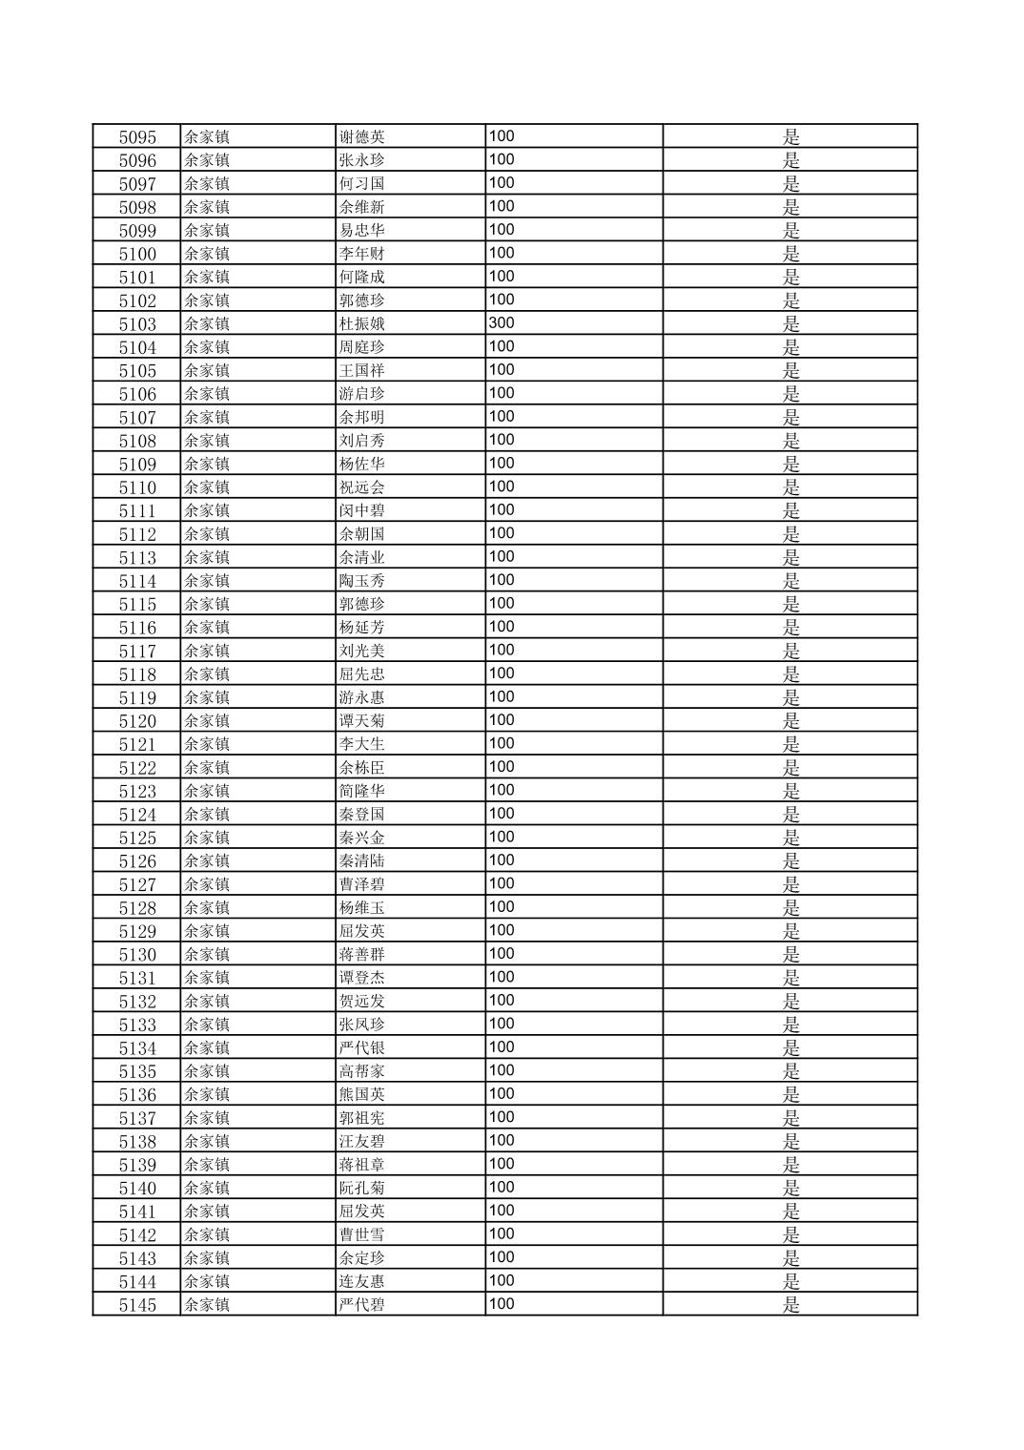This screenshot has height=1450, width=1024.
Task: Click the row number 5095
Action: click(x=137, y=136)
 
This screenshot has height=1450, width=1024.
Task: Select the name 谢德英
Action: click(x=362, y=136)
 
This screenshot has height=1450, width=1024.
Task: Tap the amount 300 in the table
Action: click(x=502, y=322)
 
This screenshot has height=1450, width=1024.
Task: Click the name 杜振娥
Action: click(x=362, y=323)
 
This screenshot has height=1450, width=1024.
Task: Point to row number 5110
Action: click(x=137, y=487)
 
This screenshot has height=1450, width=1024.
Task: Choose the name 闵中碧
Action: click(x=362, y=510)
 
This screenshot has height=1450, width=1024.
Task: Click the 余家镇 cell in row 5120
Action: click(x=207, y=721)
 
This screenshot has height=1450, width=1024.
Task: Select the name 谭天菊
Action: click(x=362, y=721)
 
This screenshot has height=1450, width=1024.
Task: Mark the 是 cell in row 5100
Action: click(x=791, y=254)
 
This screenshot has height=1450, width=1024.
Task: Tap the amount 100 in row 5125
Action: click(x=502, y=837)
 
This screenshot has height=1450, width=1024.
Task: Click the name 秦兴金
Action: click(x=362, y=838)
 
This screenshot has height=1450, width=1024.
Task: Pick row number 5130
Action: click(x=137, y=955)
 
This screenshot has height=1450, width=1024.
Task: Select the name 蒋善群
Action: click(x=362, y=955)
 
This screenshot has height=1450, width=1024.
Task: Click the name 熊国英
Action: click(x=362, y=1095)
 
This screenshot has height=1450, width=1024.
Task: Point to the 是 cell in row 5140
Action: click(x=791, y=1189)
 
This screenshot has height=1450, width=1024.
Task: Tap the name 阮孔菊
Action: click(x=362, y=1189)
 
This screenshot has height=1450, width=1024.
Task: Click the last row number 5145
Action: click(x=137, y=1305)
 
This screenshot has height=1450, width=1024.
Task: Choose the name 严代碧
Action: click(x=362, y=1305)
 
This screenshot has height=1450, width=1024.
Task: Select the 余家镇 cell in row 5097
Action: click(x=207, y=183)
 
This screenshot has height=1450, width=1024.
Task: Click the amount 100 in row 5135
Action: click(x=502, y=1070)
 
